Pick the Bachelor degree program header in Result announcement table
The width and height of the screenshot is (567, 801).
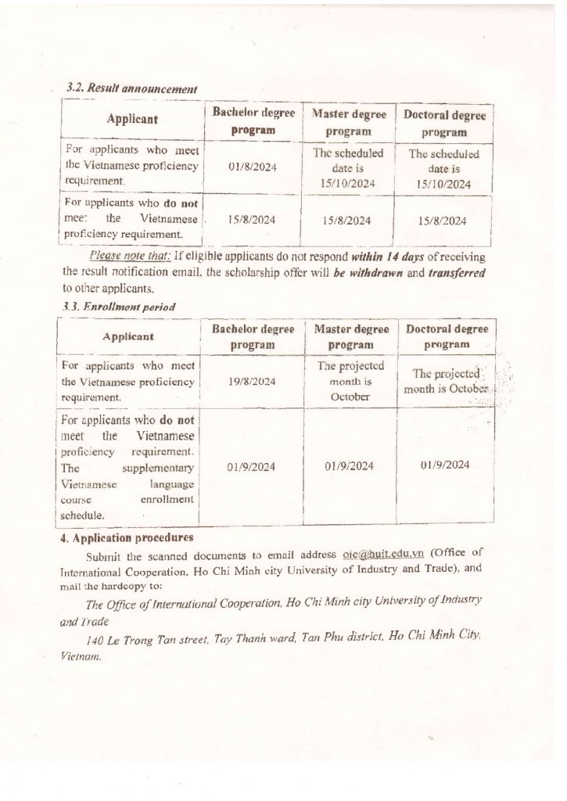point(253,120)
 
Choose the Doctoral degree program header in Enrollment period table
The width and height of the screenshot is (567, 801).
point(447,336)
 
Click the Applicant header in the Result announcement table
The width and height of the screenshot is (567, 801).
point(132,119)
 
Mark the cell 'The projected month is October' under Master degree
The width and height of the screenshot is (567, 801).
point(349,381)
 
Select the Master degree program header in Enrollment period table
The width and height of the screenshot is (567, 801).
point(349,336)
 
